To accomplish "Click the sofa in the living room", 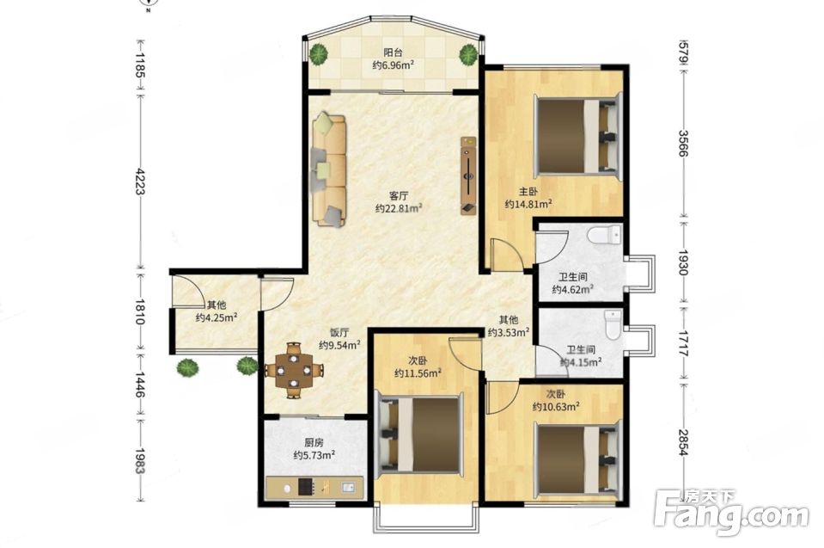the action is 329,170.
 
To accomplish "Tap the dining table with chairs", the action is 294,370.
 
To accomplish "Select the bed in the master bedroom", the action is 578,137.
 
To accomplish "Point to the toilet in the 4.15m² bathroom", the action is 613,325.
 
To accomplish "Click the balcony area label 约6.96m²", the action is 393,65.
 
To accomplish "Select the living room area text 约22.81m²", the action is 399,209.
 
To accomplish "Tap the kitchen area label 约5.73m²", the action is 314,455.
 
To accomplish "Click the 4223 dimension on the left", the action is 140,182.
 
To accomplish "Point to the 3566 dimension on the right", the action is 683,143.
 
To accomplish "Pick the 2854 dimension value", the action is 683,442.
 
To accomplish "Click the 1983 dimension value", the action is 140,461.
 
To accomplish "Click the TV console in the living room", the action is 468,175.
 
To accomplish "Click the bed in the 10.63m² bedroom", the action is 577,462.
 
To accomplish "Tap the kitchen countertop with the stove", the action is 314,488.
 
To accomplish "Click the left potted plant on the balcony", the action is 318,53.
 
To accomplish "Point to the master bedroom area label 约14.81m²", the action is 528,204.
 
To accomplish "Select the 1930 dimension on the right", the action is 683,262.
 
